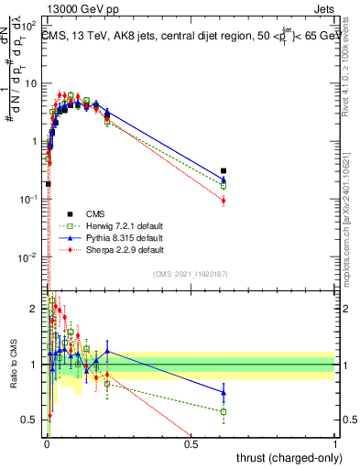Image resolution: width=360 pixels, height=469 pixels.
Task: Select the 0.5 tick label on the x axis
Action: [191, 444]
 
